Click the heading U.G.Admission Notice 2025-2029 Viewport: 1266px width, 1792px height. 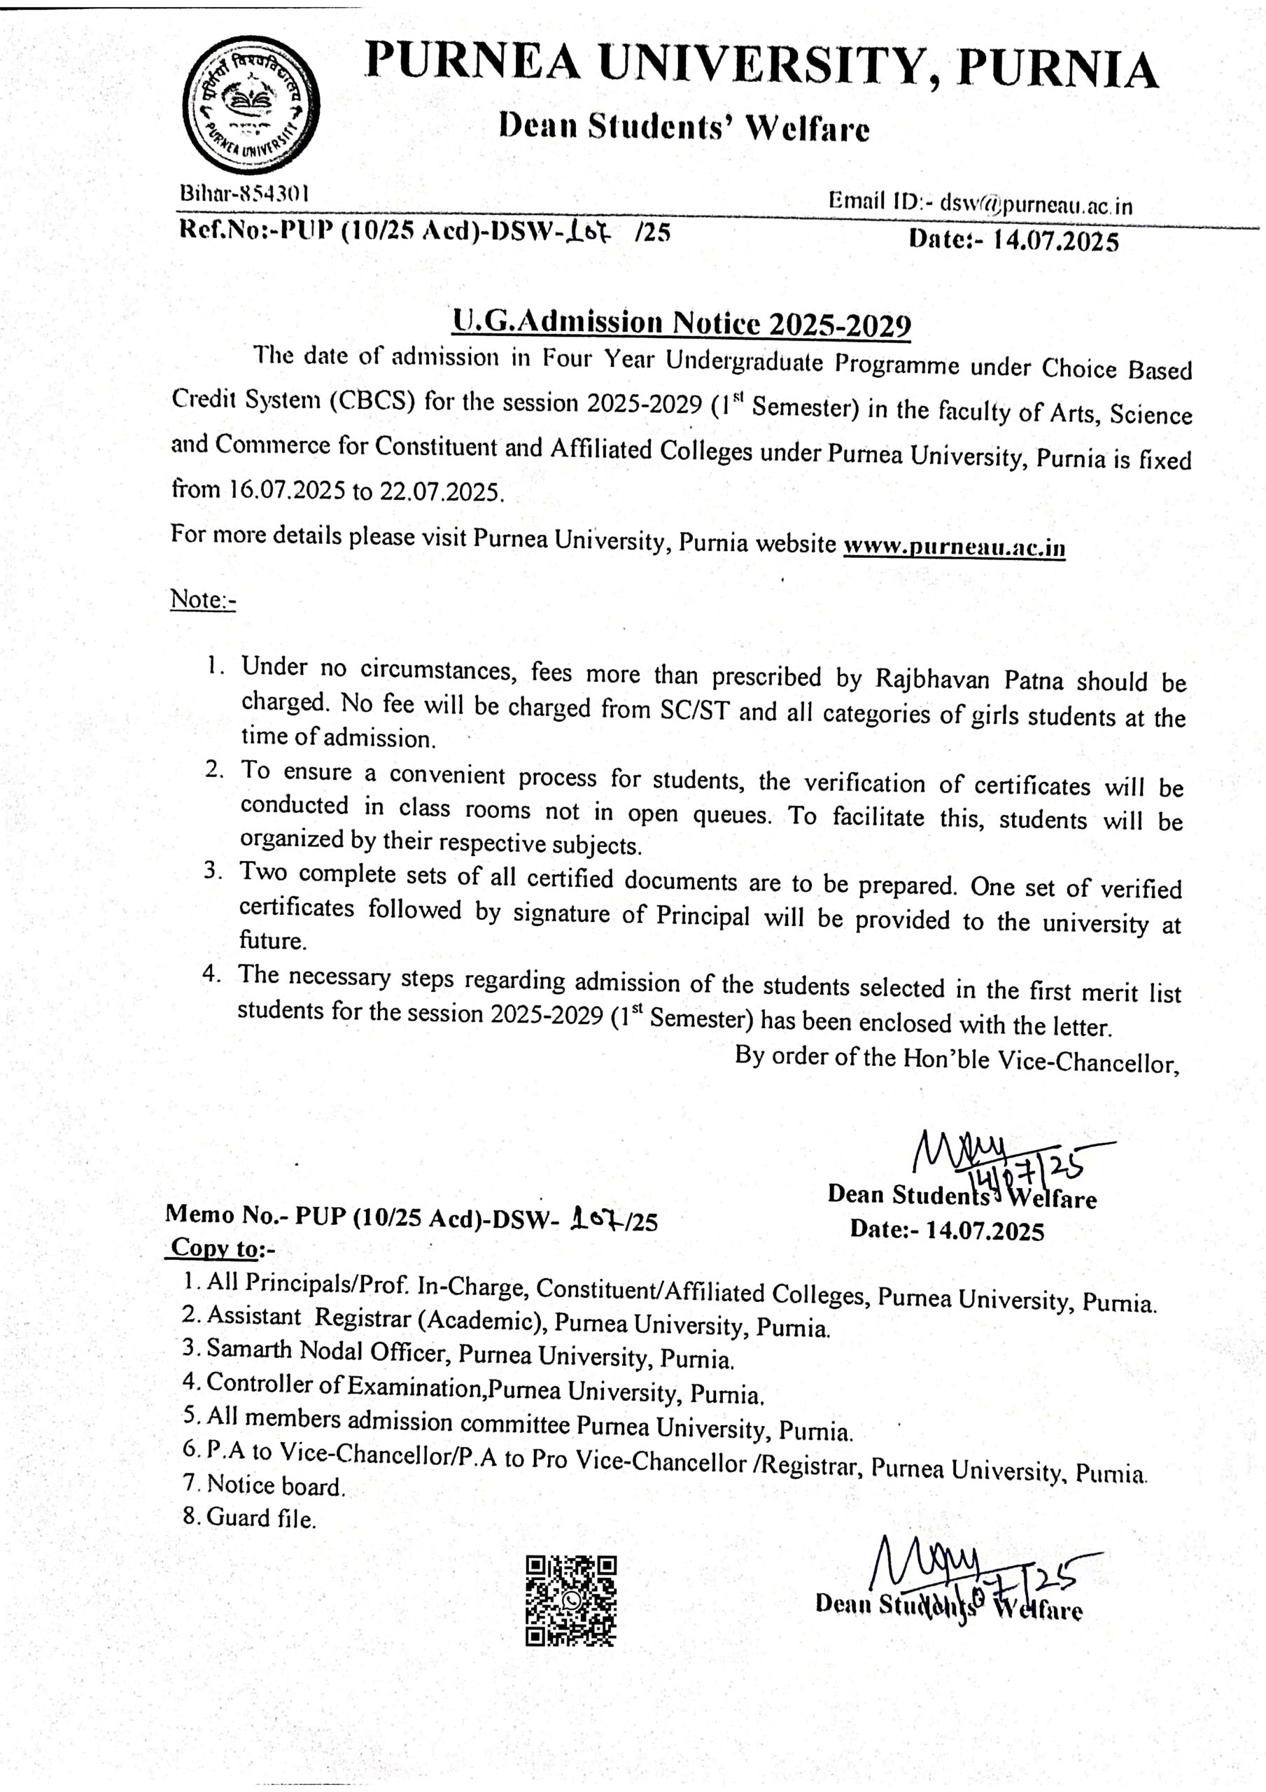click(x=682, y=322)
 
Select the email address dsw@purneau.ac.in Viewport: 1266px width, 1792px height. click(x=1036, y=204)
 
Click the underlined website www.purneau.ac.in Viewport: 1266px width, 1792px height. click(x=954, y=546)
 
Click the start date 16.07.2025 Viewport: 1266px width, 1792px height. click(x=286, y=490)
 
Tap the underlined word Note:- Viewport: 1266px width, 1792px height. click(x=203, y=599)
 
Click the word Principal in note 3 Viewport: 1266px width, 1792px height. click(x=703, y=916)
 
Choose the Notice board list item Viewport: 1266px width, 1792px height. click(x=276, y=1485)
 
